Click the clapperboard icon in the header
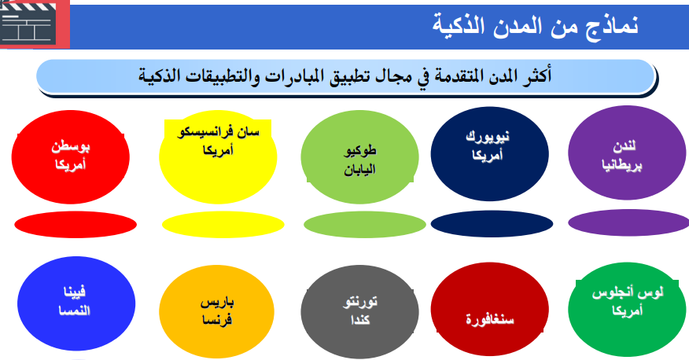tap(28, 23)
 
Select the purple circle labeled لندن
tap(627, 152)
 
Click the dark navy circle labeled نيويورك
tap(489, 153)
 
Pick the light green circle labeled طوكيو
tap(360, 156)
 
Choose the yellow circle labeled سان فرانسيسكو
tap(218, 159)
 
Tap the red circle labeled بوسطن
tap(70, 156)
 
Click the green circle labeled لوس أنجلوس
tap(627, 310)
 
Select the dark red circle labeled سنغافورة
tap(489, 310)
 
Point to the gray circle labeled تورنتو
tap(360, 312)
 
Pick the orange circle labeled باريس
tap(216, 312)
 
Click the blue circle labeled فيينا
tap(76, 303)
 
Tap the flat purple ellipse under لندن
tap(628, 222)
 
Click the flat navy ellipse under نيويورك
tap(492, 224)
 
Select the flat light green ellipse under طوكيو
tap(365, 224)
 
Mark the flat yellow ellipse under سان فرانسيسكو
tap(223, 224)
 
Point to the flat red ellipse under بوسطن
tap(76, 224)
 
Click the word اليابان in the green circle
tap(359, 170)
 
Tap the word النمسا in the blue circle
tap(74, 310)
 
